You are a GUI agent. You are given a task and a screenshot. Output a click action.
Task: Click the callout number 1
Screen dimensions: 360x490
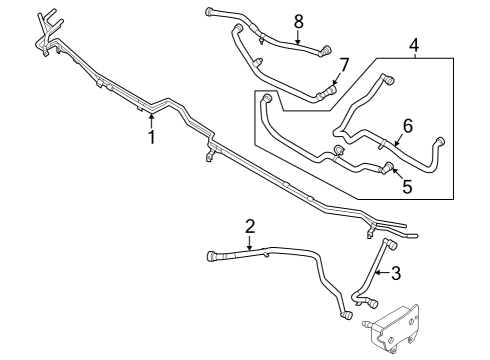[x=152, y=137]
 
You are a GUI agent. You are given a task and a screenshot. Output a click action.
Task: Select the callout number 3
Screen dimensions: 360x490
[x=395, y=273]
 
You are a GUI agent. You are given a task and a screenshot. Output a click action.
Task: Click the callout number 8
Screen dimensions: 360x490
[x=298, y=21]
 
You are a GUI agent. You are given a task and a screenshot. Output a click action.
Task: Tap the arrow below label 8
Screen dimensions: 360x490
[x=298, y=37]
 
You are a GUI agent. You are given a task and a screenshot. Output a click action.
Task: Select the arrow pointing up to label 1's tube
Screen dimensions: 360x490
[x=152, y=120]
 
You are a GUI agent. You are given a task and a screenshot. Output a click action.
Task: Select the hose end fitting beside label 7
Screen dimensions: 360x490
[x=322, y=94]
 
